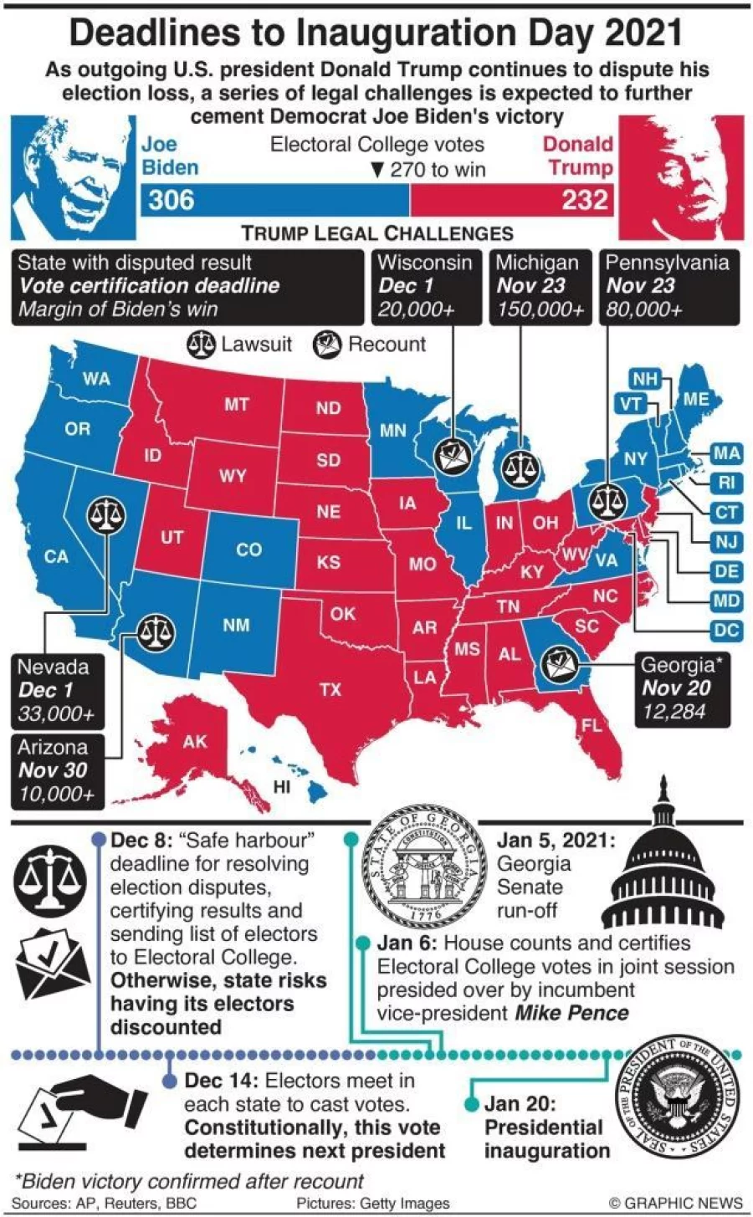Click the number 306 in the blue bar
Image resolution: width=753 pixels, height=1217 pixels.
click(172, 201)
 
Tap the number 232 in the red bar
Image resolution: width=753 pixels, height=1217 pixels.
click(585, 201)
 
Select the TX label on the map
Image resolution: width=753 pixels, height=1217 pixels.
click(330, 689)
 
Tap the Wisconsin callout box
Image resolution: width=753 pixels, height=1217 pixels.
click(426, 286)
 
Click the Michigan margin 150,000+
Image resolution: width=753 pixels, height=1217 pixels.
click(540, 309)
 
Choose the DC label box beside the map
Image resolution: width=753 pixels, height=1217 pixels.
click(726, 631)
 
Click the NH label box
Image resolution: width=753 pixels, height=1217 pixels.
click(645, 379)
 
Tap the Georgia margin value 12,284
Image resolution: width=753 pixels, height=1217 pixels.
click(674, 712)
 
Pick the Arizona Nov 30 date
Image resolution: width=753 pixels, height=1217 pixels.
click(53, 770)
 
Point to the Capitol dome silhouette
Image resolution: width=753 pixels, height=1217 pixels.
click(663, 878)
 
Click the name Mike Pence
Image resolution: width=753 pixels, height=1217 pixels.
click(571, 1014)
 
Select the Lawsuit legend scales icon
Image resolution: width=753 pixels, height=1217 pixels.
click(202, 344)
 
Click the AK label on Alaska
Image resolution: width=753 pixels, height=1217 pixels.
click(194, 741)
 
